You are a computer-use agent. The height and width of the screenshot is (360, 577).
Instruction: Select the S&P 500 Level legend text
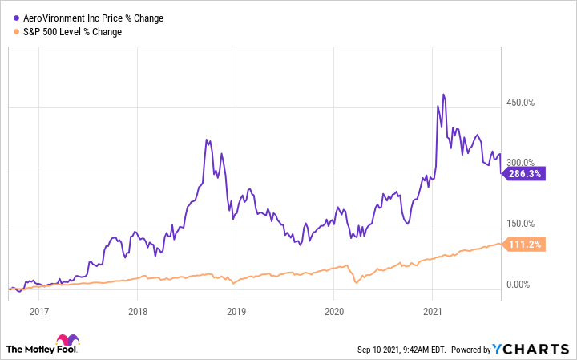(74, 31)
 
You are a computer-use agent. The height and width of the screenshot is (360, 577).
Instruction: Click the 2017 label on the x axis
(39, 311)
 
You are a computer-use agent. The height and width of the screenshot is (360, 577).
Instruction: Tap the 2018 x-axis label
(138, 311)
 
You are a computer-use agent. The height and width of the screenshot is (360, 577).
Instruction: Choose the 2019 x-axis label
(236, 311)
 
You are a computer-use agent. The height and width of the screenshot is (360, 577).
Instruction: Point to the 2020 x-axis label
(334, 311)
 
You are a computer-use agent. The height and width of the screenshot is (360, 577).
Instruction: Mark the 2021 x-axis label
(433, 311)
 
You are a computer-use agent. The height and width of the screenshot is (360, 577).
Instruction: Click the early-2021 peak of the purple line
(443, 95)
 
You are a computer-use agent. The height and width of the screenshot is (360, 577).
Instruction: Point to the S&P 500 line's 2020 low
(355, 284)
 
